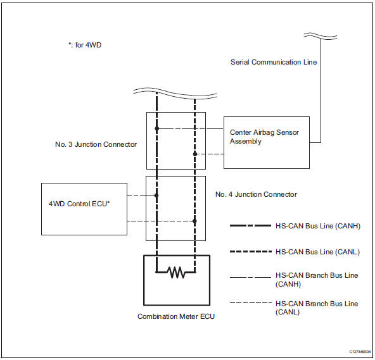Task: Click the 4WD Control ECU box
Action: click(x=84, y=209)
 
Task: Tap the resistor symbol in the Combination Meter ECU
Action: click(x=175, y=274)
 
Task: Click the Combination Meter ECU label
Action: click(x=176, y=316)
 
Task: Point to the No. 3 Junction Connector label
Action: click(x=96, y=144)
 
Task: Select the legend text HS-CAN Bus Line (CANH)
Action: click(x=319, y=226)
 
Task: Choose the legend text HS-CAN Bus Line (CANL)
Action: click(x=318, y=252)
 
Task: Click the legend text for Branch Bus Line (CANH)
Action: click(x=317, y=280)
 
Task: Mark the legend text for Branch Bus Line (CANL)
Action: click(x=317, y=308)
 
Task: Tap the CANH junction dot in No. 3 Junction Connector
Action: click(x=156, y=129)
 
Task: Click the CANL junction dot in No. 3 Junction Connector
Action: click(x=195, y=154)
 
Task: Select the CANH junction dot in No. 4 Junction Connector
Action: click(x=156, y=196)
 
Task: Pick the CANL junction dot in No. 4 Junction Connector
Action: click(x=195, y=221)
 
